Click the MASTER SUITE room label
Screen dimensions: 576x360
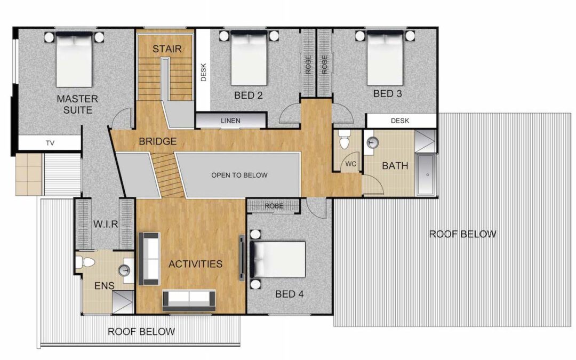[77, 105]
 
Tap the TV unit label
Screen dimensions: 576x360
[50, 143]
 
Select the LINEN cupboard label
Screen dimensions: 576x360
[231, 121]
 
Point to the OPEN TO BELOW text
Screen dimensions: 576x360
[239, 175]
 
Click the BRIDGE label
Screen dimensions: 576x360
[157, 141]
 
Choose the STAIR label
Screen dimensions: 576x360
[167, 49]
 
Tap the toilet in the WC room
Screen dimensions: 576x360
[344, 139]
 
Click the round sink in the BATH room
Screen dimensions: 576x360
[372, 142]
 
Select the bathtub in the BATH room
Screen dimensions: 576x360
[427, 174]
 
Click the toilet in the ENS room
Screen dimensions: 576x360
[85, 262]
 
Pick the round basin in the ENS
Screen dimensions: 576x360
[125, 270]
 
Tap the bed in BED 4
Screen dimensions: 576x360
[278, 259]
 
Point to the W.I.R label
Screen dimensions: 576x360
[106, 224]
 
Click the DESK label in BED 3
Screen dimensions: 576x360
[399, 121]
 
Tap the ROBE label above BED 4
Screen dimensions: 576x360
[274, 206]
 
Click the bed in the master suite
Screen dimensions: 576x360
[74, 59]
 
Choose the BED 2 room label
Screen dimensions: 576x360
[249, 95]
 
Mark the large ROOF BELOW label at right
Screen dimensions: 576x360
[462, 234]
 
